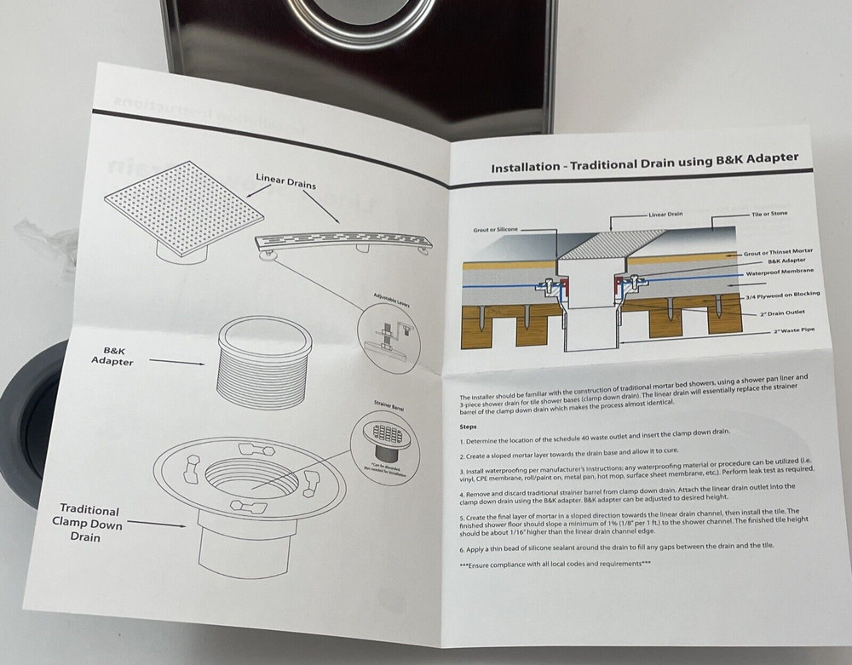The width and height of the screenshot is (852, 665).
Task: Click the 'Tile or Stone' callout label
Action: [x=768, y=215]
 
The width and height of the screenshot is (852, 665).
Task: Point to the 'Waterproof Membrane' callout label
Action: [x=780, y=271]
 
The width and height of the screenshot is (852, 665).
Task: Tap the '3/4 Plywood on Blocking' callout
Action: [x=781, y=295]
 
